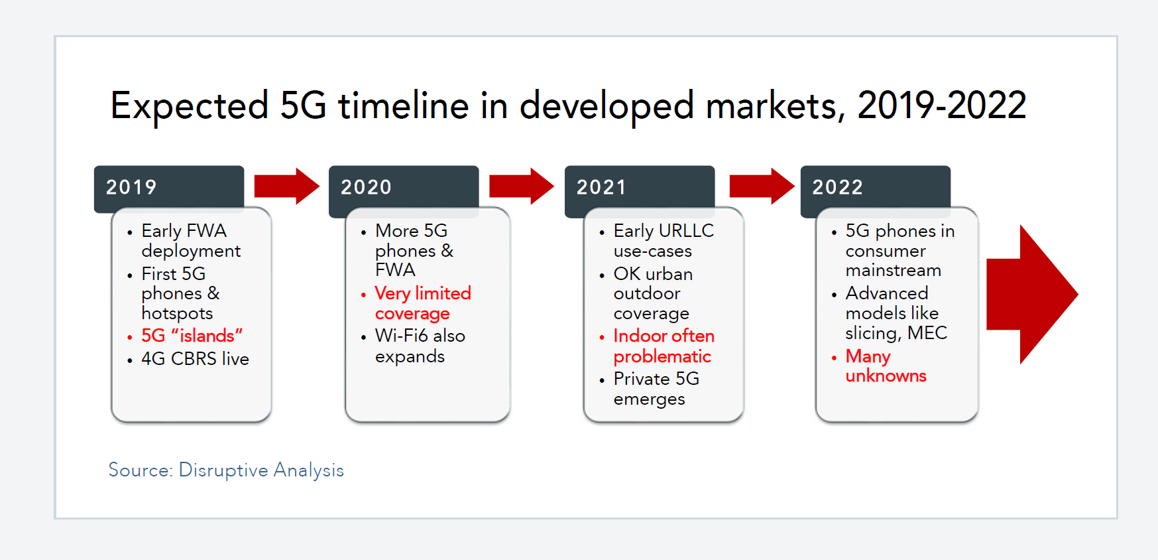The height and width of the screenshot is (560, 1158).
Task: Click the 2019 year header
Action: coord(169,188)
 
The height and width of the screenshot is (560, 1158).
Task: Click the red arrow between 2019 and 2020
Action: coord(287,186)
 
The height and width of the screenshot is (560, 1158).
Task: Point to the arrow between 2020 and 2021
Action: coord(522,186)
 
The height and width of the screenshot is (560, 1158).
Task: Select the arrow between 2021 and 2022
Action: coord(762,186)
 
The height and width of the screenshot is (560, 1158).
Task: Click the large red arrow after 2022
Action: coord(1032,295)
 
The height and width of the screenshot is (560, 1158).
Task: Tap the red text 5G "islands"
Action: coord(192,336)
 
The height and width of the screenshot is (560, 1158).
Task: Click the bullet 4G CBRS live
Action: coord(195,359)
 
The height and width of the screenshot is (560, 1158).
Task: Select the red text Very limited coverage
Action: coord(423,303)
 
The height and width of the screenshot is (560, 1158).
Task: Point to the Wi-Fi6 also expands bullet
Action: coord(420,346)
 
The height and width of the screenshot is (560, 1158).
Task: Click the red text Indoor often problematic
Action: coord(664,346)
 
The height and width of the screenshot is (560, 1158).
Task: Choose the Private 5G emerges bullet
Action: coord(656,389)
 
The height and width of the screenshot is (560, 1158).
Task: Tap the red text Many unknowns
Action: coord(886,366)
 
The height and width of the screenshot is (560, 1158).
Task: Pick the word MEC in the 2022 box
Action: coord(927,332)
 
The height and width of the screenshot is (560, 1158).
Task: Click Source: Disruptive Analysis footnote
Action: coord(226,470)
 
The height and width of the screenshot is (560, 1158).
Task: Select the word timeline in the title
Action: coord(404,105)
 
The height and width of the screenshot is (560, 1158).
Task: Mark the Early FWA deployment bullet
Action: coord(191,241)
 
